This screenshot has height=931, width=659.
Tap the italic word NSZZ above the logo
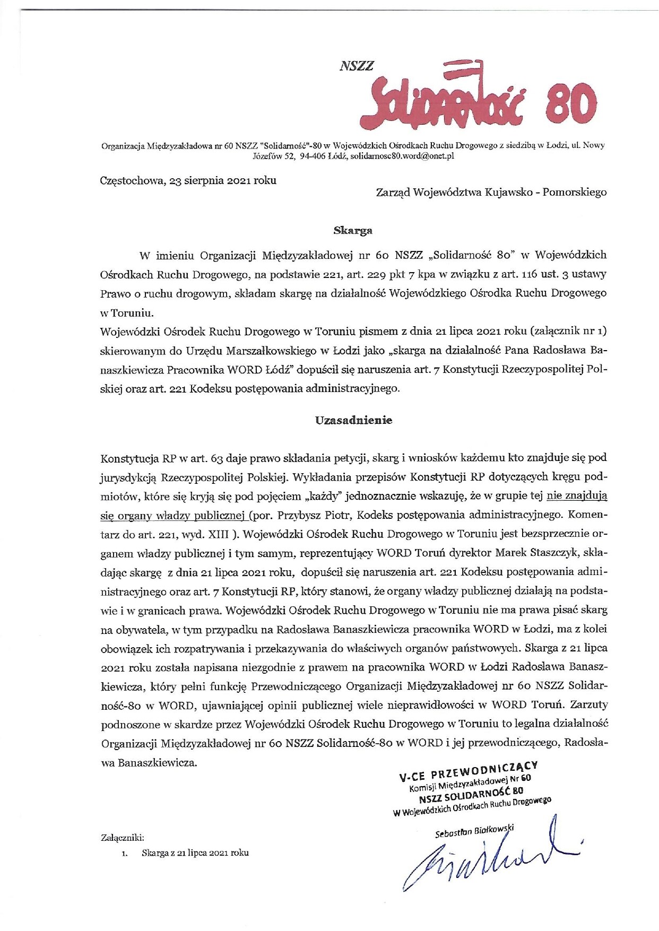pos(356,66)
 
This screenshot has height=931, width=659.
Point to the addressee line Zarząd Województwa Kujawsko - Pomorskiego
pos(491,192)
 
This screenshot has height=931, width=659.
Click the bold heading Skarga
pos(353,230)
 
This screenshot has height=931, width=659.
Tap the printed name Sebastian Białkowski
pos(474,831)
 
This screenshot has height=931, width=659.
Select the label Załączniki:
pos(122,838)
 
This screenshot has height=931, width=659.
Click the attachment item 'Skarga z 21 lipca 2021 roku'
pos(195,853)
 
